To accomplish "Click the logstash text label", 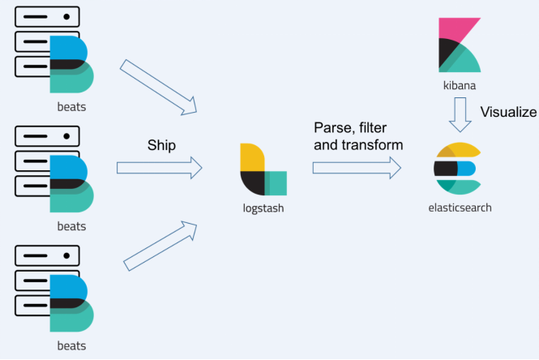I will click(x=263, y=208).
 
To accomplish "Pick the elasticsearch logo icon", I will click(x=460, y=168).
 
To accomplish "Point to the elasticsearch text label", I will click(x=460, y=208).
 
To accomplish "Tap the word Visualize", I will click(x=508, y=112).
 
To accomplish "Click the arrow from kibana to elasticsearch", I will click(x=460, y=114).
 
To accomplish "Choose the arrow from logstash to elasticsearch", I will click(x=357, y=168).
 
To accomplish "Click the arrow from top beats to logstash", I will click(x=160, y=86).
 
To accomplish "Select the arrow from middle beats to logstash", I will click(x=159, y=168).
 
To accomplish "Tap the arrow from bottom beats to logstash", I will click(x=160, y=243).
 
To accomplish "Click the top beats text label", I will click(x=69, y=106).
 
